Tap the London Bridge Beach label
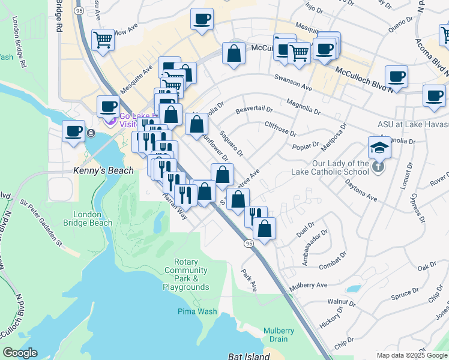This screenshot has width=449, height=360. click(x=92, y=218)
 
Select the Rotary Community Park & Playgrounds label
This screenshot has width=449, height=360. click(x=185, y=275)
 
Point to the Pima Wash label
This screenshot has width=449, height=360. click(x=197, y=311)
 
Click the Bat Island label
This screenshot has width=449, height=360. click(x=249, y=356)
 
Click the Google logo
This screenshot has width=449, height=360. click(x=20, y=353)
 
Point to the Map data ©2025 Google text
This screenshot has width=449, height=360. click(x=411, y=355)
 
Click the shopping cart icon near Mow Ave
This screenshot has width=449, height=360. click(x=103, y=40)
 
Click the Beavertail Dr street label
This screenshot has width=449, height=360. click(x=254, y=110)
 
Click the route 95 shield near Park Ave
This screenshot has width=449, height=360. click(x=248, y=244)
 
